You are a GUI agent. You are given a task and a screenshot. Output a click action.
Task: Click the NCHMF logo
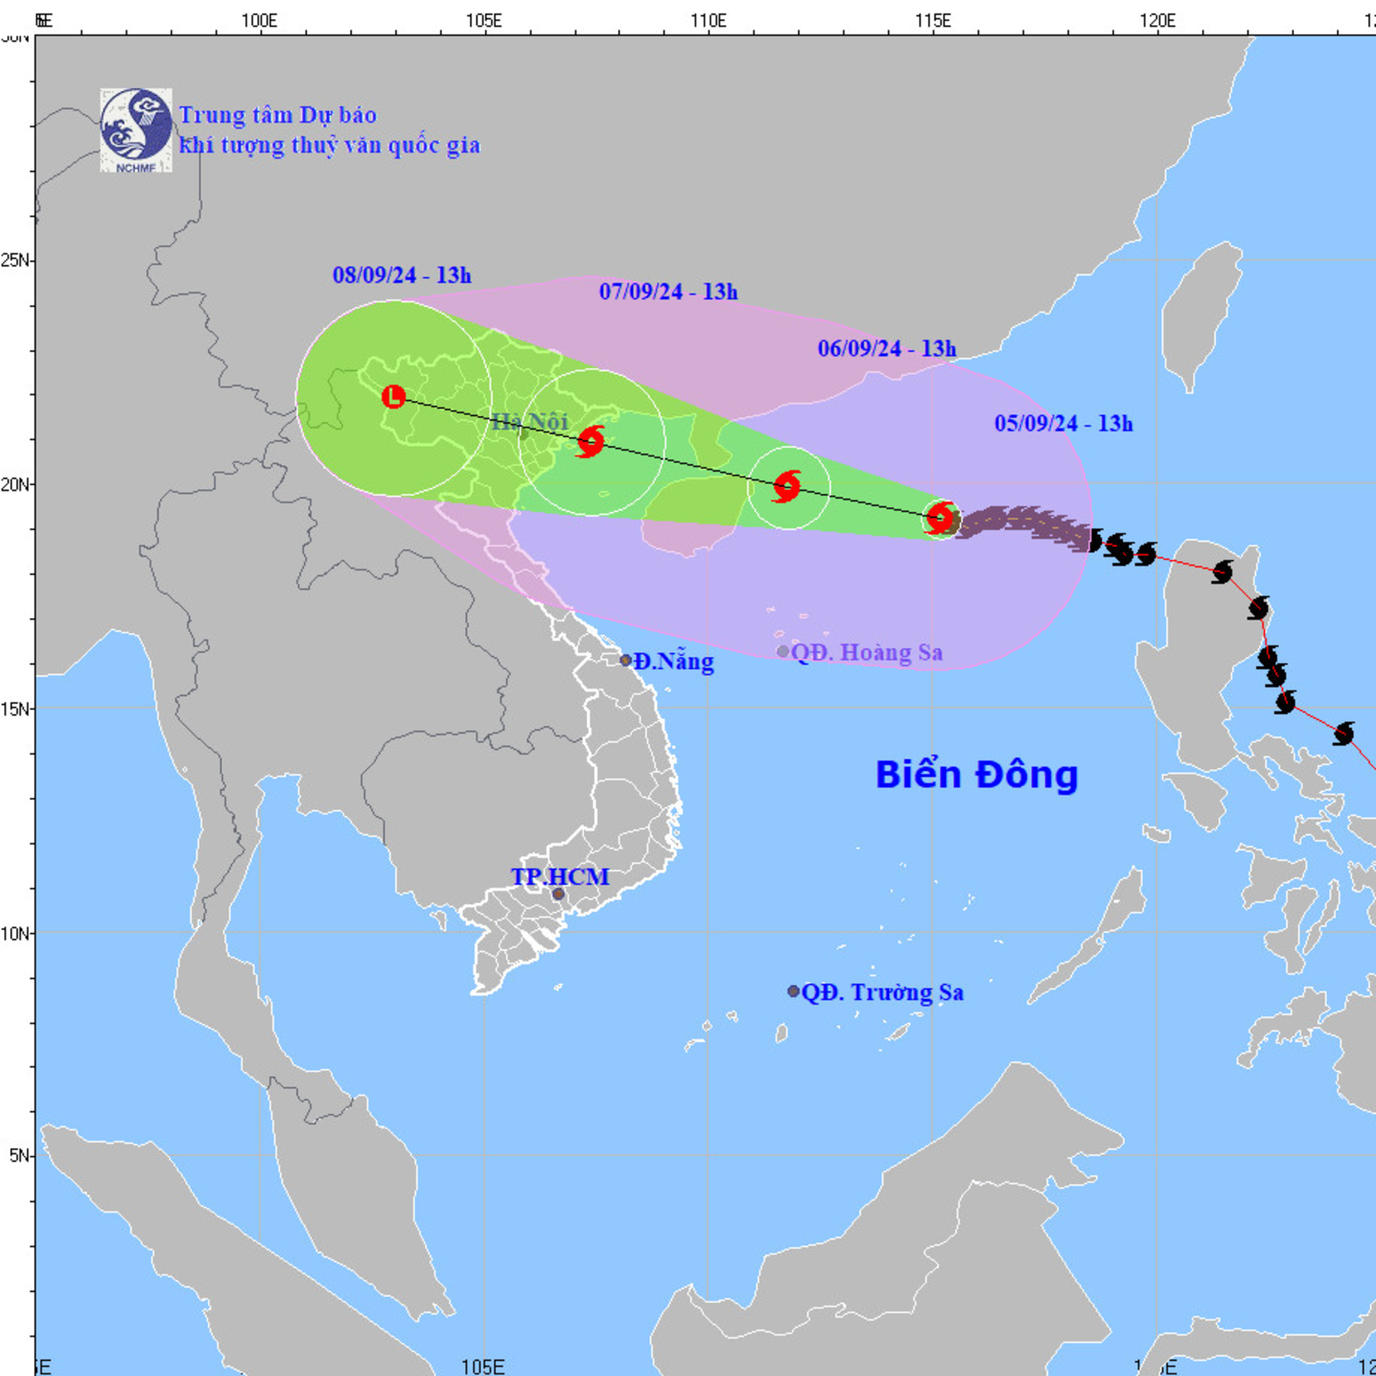point(135,130)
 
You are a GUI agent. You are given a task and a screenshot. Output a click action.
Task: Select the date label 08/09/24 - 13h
point(402,276)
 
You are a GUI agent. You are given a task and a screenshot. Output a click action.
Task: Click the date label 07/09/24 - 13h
point(668,291)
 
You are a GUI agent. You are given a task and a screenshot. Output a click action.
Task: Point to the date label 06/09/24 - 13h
point(887,348)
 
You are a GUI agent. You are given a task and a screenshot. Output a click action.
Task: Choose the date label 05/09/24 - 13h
point(1063,424)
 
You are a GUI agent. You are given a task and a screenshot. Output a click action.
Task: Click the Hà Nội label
point(530,422)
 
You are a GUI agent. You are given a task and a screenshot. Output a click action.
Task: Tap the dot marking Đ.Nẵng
point(625,660)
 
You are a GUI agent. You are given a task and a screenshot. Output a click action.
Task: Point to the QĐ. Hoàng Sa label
point(867,652)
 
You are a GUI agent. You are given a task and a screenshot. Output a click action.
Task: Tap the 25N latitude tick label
point(16,260)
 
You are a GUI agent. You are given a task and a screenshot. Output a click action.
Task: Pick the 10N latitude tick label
point(16,932)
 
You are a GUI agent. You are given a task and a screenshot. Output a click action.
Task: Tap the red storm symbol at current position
point(941,518)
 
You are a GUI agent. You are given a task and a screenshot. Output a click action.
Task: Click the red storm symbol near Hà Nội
point(590,442)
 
